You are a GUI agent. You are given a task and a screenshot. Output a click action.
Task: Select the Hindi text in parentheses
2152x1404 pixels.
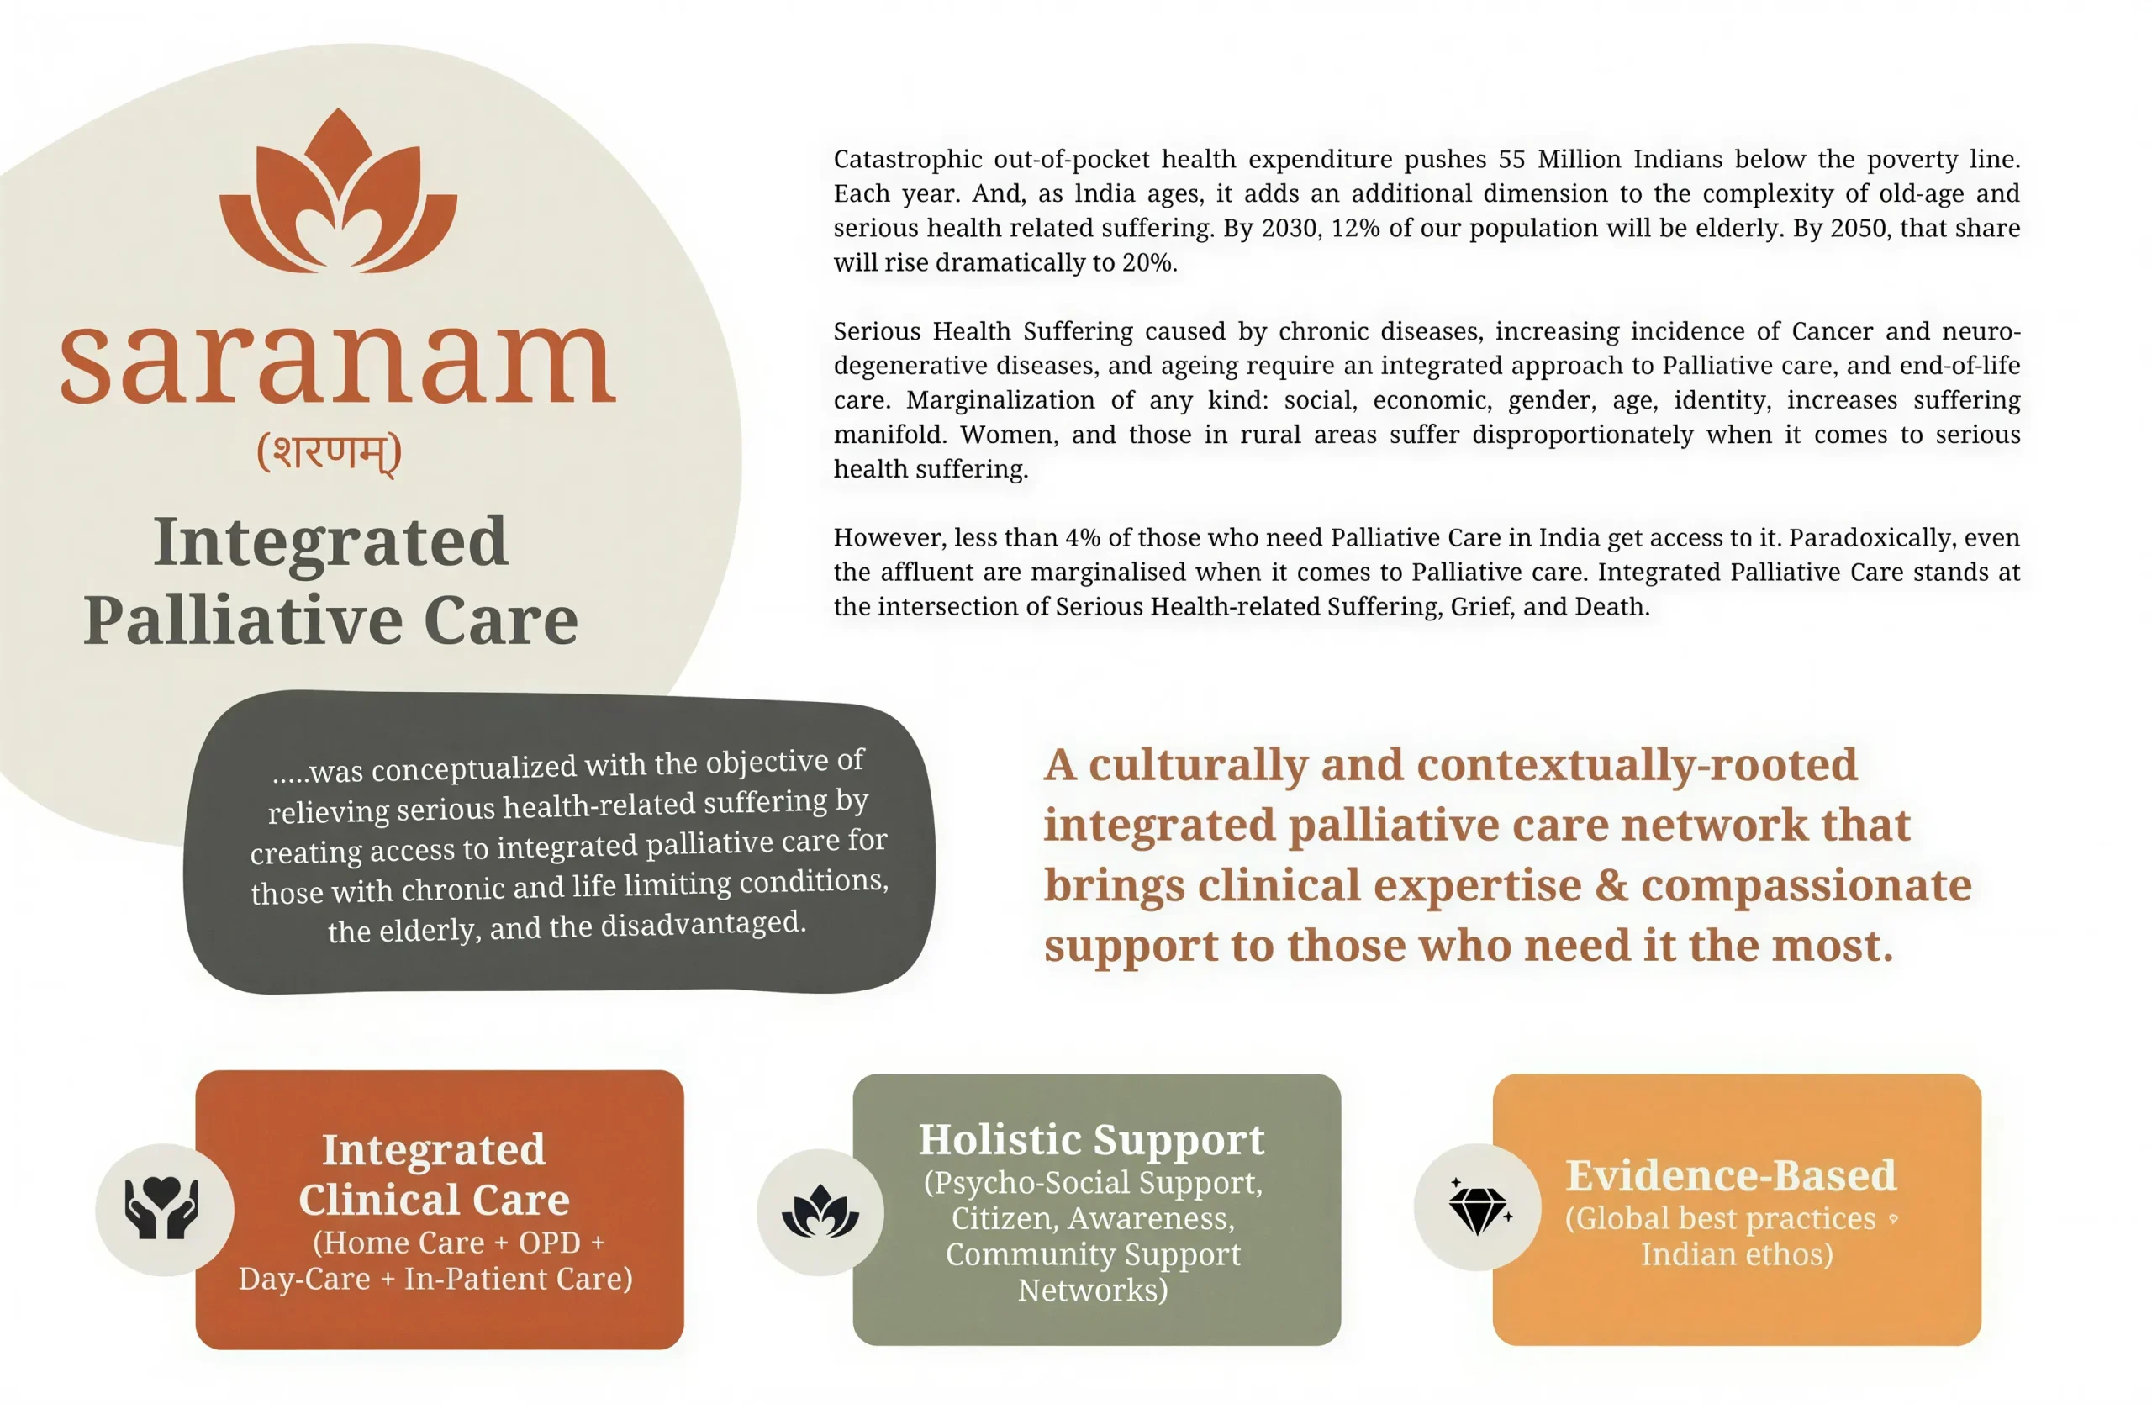tap(330, 452)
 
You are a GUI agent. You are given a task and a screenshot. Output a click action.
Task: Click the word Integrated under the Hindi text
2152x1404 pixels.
tap(330, 542)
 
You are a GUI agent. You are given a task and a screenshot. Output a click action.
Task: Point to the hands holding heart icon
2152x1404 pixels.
tap(163, 1208)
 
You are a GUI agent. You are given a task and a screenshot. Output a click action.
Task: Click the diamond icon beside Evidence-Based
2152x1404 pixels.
tap(1478, 1208)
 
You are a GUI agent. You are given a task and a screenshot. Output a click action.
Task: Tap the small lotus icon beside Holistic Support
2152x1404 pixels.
tap(820, 1211)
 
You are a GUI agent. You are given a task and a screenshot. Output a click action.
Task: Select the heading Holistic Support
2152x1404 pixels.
tap(1091, 1139)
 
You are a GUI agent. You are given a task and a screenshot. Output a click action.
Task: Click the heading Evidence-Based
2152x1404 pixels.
tap(1731, 1175)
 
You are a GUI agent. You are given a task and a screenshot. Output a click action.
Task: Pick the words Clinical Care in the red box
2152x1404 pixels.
tap(434, 1200)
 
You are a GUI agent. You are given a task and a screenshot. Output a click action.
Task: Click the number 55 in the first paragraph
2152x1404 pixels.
tap(1511, 159)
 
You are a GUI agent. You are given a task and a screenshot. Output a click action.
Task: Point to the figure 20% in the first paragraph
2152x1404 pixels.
tap(1148, 262)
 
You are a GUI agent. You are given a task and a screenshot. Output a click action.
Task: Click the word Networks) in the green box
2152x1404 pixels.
tap(1092, 1291)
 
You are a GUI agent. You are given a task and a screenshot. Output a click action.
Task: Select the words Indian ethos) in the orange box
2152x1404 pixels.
tap(1736, 1255)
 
